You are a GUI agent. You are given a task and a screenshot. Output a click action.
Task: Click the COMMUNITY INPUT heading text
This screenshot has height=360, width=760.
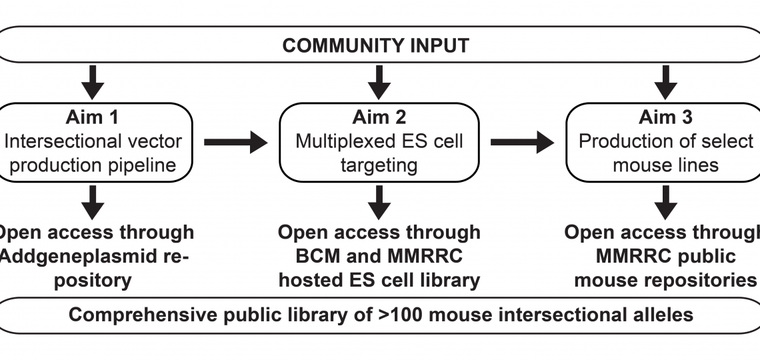(375, 45)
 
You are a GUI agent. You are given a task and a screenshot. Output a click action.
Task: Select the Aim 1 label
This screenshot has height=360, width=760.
(93, 117)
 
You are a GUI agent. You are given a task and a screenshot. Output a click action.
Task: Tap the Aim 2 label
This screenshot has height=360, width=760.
(379, 117)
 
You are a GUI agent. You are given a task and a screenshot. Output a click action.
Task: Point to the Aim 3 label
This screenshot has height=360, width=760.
(665, 117)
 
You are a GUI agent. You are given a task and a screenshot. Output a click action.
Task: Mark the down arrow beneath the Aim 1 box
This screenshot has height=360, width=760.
(93, 201)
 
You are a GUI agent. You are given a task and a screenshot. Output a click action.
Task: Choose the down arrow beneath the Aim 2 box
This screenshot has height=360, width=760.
(379, 201)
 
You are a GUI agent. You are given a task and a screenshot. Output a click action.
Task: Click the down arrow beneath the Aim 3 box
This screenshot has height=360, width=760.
(665, 201)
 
